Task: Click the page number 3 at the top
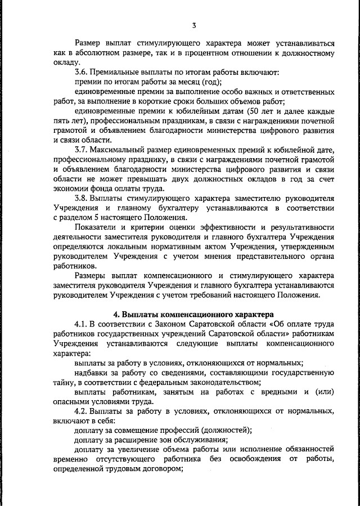pyautogui.click(x=193, y=25)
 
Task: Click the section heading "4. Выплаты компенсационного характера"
pyautogui.click(x=193, y=314)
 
